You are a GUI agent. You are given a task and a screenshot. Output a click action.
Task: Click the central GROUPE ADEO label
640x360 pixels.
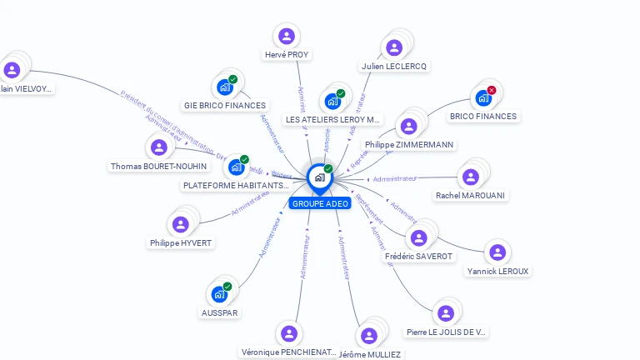pyautogui.click(x=320, y=203)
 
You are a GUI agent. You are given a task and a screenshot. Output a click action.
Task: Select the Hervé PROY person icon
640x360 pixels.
pyautogui.click(x=286, y=36)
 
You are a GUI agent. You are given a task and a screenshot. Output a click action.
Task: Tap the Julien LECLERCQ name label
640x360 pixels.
pyautogui.click(x=394, y=66)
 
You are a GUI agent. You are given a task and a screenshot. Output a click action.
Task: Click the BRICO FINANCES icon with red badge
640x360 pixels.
pyautogui.click(x=483, y=97)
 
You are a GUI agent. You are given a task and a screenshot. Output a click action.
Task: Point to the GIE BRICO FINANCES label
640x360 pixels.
pyautogui.click(x=225, y=106)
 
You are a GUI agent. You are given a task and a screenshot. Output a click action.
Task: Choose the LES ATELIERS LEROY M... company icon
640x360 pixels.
pyautogui.click(x=333, y=102)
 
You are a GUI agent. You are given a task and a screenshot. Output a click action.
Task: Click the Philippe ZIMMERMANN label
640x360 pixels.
pyautogui.click(x=409, y=144)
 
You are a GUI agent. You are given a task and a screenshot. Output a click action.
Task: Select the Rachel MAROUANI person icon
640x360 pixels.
pyautogui.click(x=471, y=177)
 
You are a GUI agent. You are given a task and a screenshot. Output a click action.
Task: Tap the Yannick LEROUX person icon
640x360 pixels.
pyautogui.click(x=497, y=252)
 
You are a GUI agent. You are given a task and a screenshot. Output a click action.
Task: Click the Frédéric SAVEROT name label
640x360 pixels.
pyautogui.click(x=420, y=257)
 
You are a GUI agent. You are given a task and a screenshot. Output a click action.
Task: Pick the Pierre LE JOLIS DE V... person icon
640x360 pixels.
pyautogui.click(x=446, y=313)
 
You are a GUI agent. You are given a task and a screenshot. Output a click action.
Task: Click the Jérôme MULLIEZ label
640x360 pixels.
pyautogui.click(x=370, y=354)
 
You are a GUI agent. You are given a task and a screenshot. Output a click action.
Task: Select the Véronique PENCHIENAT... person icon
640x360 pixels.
pyautogui.click(x=288, y=333)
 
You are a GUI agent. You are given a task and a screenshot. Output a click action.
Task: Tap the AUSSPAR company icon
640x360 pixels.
pyautogui.click(x=219, y=294)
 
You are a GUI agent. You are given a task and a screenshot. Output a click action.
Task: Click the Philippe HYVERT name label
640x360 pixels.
pyautogui.click(x=181, y=242)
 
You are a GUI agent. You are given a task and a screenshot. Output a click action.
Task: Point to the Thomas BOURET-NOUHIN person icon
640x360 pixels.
pyautogui.click(x=158, y=148)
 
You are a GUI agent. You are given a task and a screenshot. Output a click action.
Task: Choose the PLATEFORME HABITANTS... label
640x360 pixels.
pyautogui.click(x=236, y=185)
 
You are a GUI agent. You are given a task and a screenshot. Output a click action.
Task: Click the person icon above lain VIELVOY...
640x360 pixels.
pyautogui.click(x=12, y=70)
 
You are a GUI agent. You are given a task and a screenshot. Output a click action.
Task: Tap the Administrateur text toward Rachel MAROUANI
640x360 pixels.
pyautogui.click(x=395, y=179)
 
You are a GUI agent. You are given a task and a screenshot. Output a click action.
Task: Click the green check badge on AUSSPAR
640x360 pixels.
pyautogui.click(x=227, y=287)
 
